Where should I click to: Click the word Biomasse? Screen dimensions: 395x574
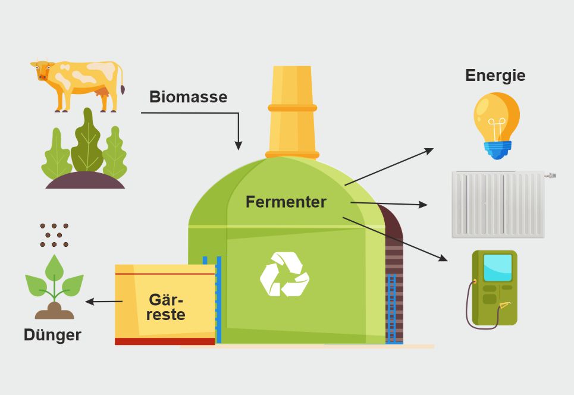188,97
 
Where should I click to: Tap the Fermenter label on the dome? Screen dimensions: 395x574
286,202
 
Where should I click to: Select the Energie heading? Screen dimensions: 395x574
495,76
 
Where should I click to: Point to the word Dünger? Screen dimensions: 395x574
52,335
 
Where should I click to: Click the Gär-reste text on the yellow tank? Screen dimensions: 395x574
166,306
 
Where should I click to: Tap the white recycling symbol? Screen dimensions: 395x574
284,274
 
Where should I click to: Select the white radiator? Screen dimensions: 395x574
498,204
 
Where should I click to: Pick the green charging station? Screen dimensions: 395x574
494,288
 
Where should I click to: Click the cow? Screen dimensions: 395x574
77,84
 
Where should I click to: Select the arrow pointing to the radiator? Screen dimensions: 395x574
389,204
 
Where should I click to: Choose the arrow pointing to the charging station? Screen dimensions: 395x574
395,239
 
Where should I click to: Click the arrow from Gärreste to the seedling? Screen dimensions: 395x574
104,302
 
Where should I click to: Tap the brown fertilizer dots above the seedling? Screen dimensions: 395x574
54,235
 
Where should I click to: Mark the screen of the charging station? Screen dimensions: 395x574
497,267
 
